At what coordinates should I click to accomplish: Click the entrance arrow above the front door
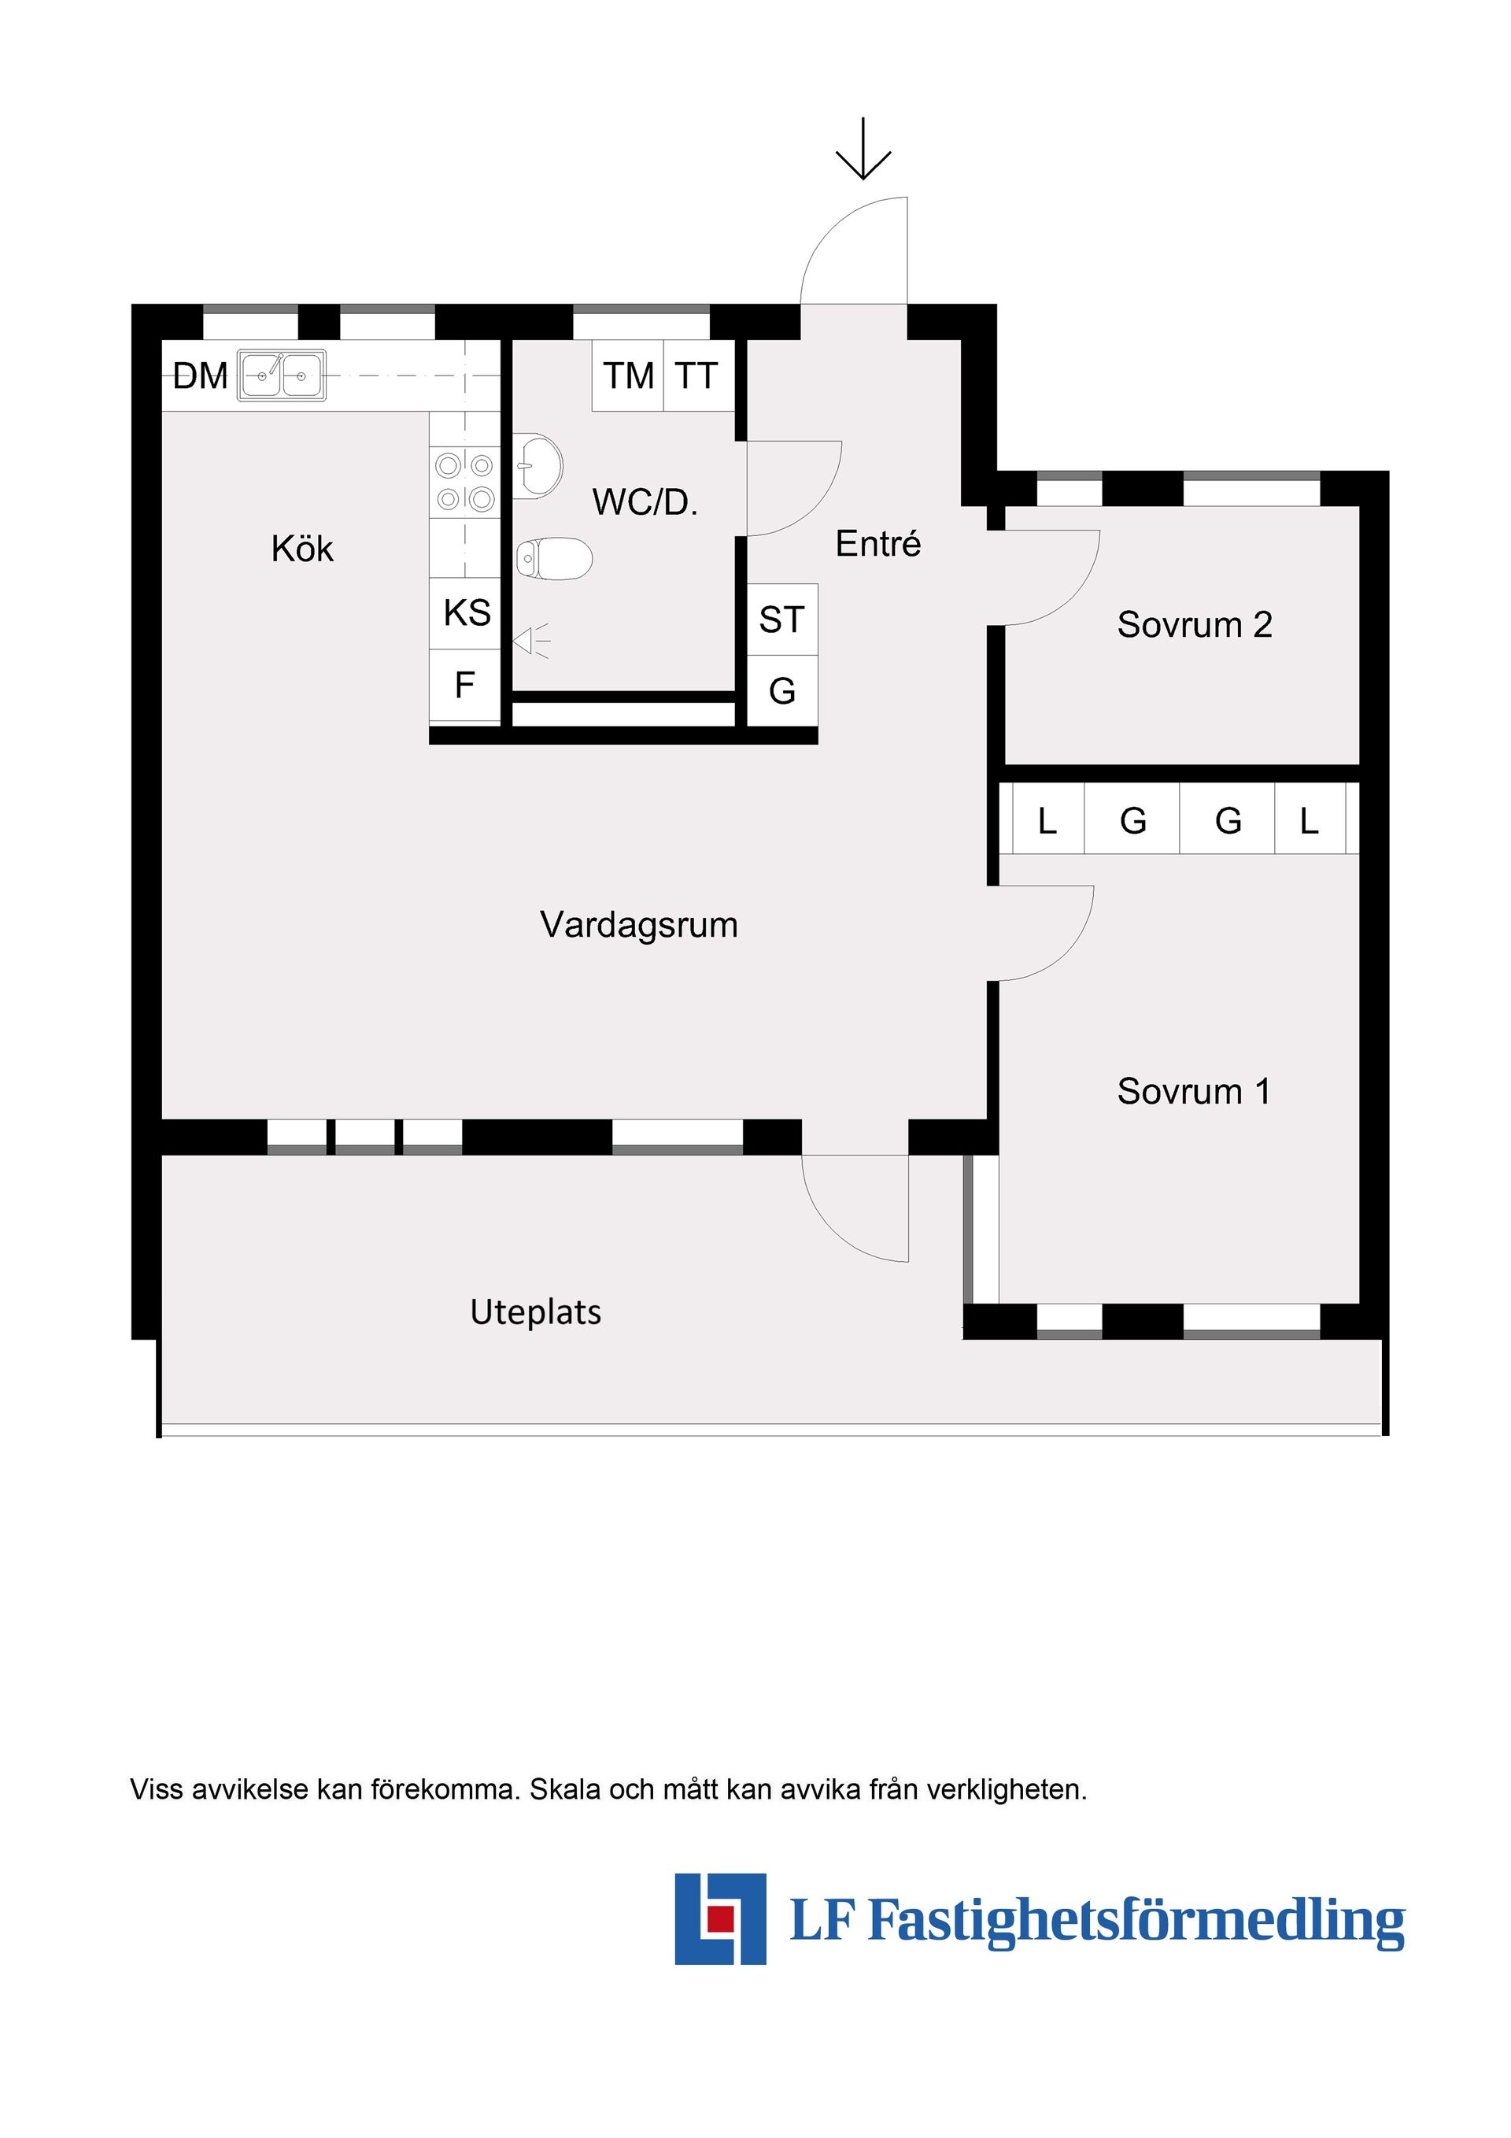pyautogui.click(x=863, y=149)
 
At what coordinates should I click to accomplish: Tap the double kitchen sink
pyautogui.click(x=281, y=375)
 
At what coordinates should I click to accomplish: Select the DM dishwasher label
pyautogui.click(x=200, y=376)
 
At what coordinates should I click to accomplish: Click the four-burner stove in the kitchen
pyautogui.click(x=464, y=482)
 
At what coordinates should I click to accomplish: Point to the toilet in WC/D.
pyautogui.click(x=555, y=559)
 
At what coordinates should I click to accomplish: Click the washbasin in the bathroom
pyautogui.click(x=540, y=464)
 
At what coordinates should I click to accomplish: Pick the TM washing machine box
pyautogui.click(x=629, y=376)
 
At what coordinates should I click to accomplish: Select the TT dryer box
pyautogui.click(x=697, y=376)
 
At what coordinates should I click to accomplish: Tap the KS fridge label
pyautogui.click(x=467, y=612)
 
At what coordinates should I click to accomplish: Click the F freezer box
pyautogui.click(x=464, y=686)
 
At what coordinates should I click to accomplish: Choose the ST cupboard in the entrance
pyautogui.click(x=782, y=620)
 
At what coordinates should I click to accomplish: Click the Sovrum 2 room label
pyautogui.click(x=1194, y=625)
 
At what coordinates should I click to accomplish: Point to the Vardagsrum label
pyautogui.click(x=639, y=925)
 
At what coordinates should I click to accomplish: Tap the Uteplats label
pyautogui.click(x=535, y=1312)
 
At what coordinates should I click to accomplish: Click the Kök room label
pyautogui.click(x=301, y=549)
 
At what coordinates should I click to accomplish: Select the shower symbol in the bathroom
pyautogui.click(x=533, y=641)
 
